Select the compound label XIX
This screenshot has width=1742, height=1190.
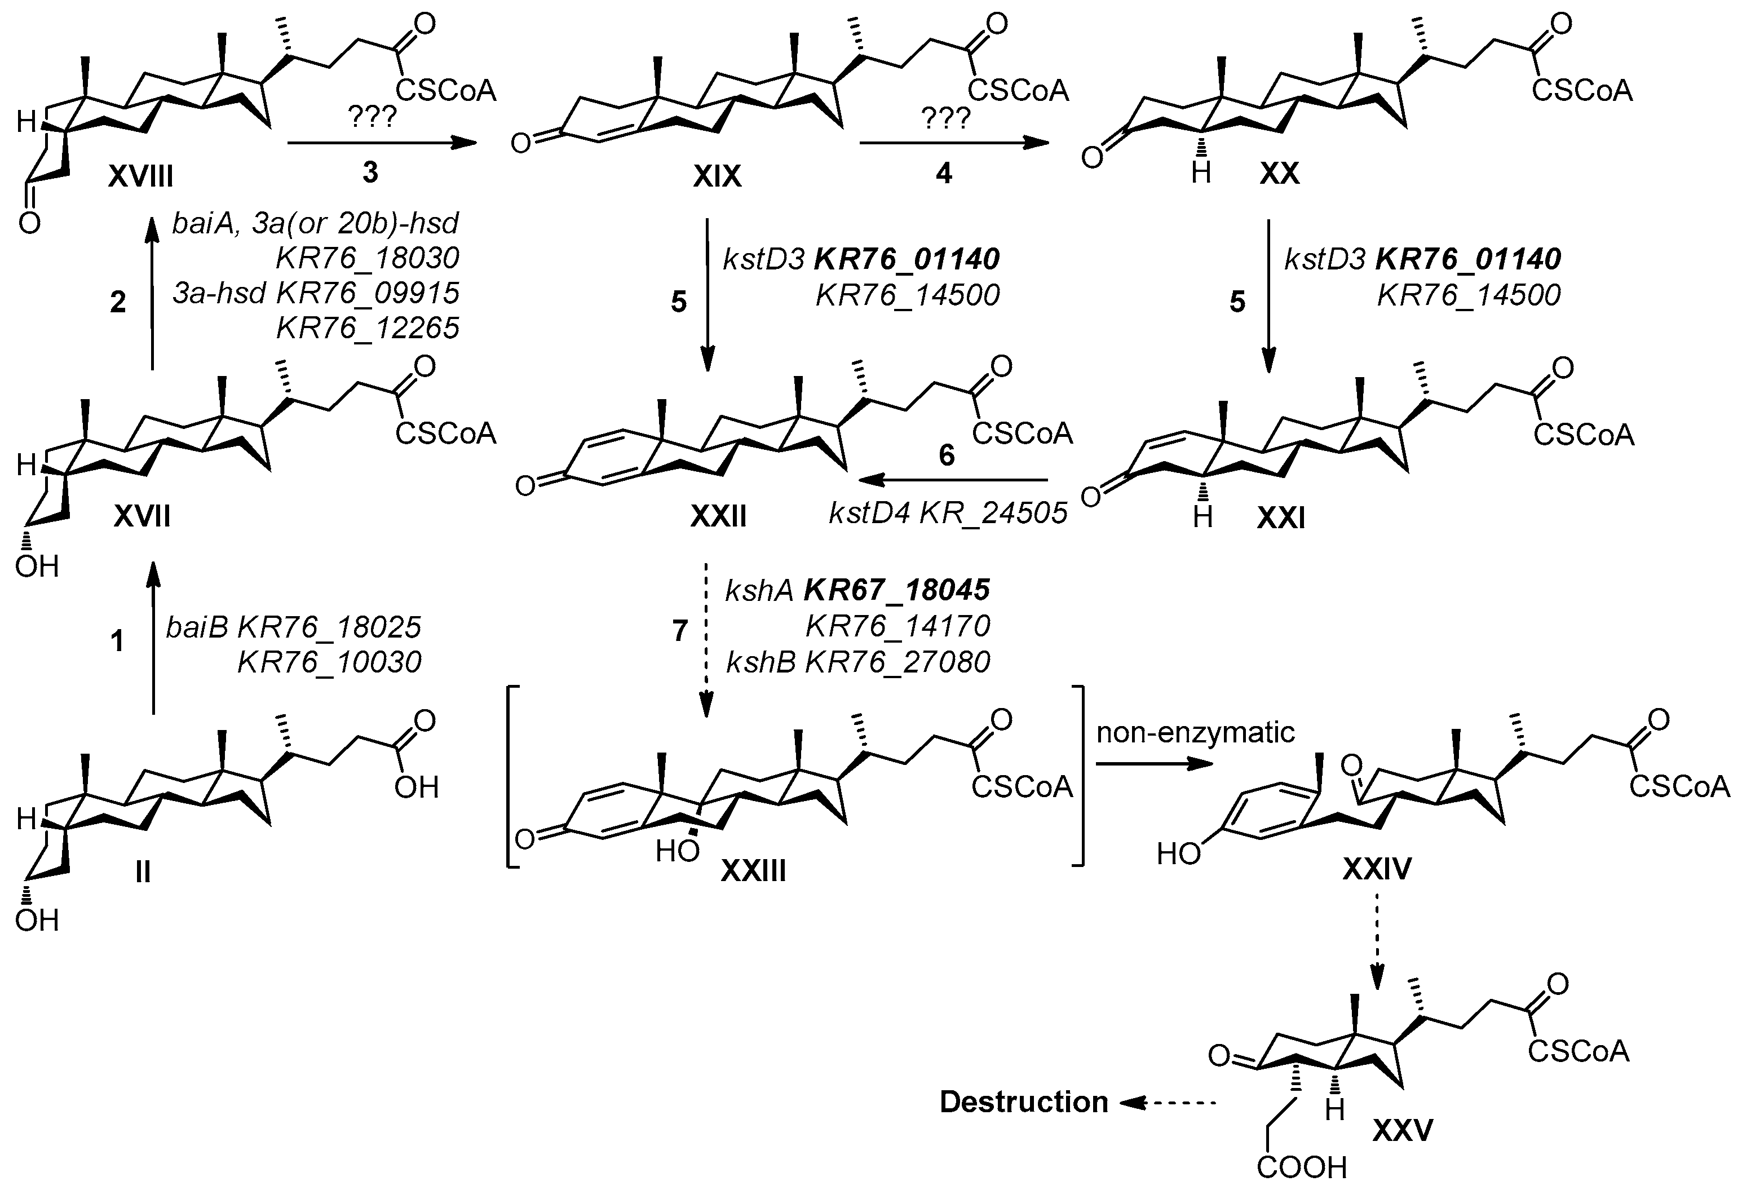[x=717, y=176]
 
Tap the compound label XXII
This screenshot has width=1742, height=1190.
[x=718, y=516]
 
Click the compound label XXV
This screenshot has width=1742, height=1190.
[x=1403, y=1129]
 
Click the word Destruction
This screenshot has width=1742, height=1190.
[x=1023, y=1102]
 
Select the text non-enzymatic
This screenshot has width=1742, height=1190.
[x=1196, y=732]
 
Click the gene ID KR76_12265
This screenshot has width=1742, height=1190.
[x=368, y=328]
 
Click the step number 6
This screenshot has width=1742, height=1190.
[x=947, y=455]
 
